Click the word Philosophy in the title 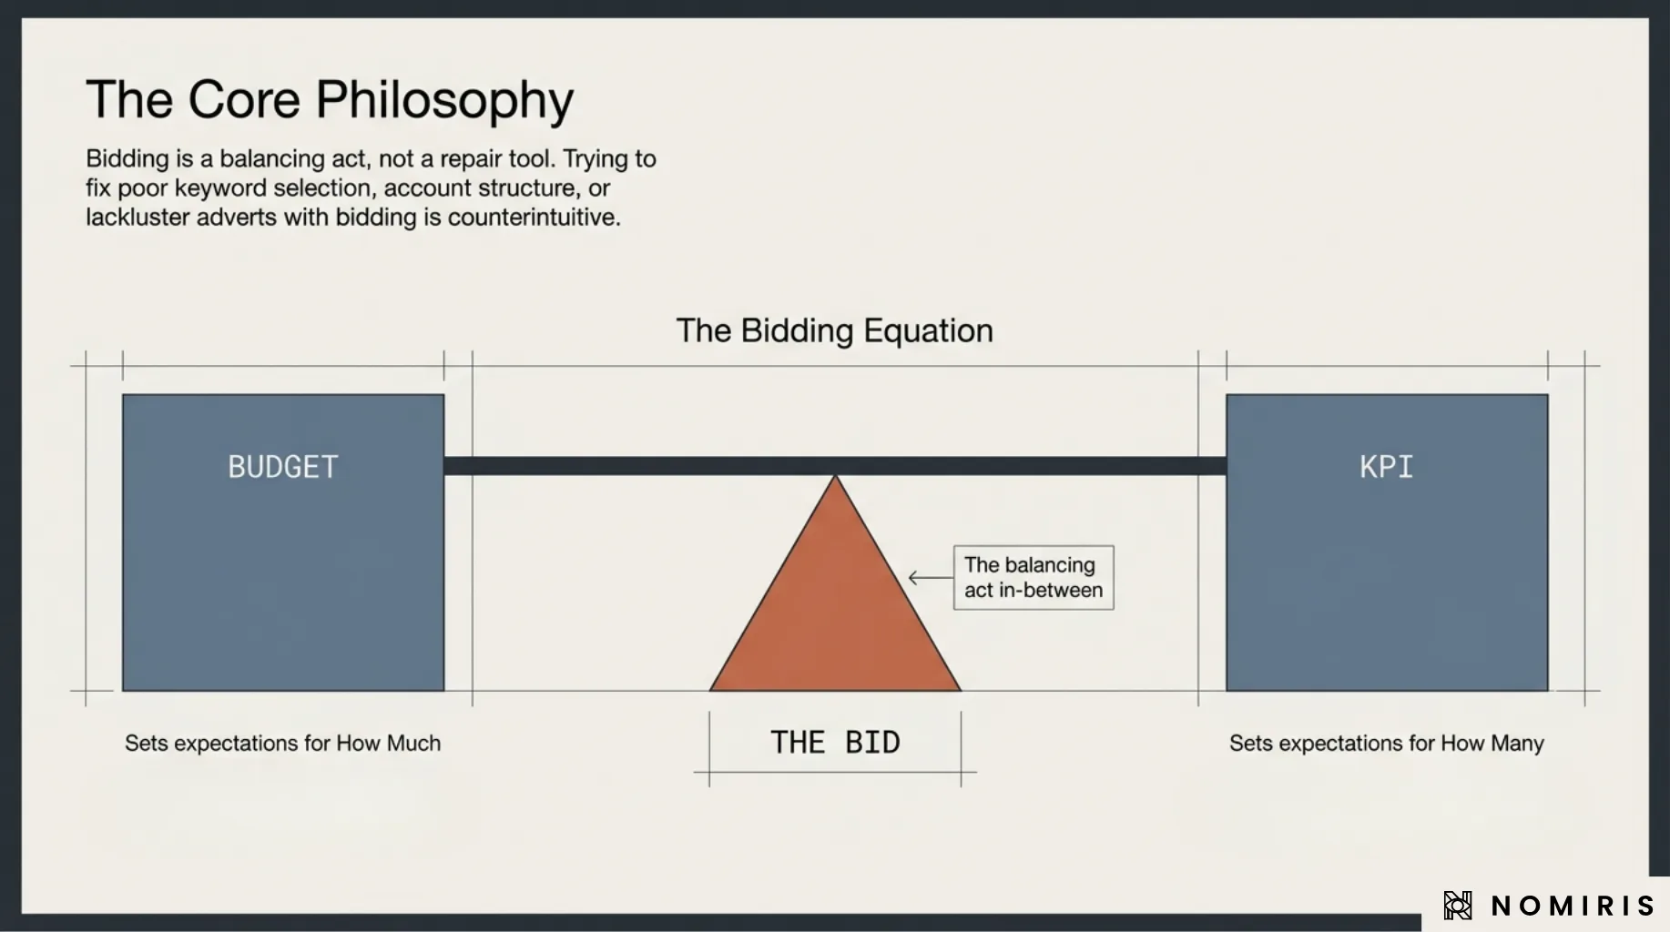(x=444, y=100)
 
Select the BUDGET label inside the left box (x=283, y=467)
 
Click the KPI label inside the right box (x=1386, y=467)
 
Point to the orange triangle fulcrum (x=835, y=610)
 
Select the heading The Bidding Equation (x=834, y=330)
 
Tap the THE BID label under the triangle (x=835, y=743)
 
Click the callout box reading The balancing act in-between (x=1033, y=577)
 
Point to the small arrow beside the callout (x=929, y=577)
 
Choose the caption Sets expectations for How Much (x=282, y=743)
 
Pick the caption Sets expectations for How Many (x=1386, y=743)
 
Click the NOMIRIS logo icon (x=1457, y=906)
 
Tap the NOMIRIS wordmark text (x=1572, y=906)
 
